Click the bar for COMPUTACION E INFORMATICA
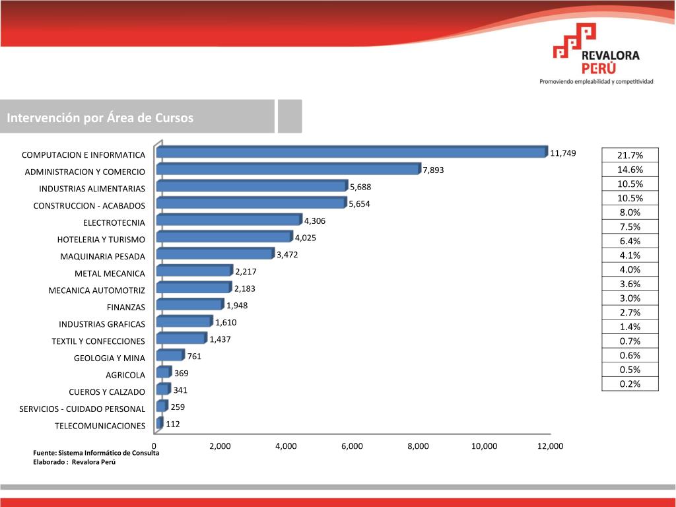pos(352,152)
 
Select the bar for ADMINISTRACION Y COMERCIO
pos(288,169)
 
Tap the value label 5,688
pos(360,187)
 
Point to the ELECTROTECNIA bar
pos(228,220)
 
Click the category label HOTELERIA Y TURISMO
pos(101,239)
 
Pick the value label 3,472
pos(287,254)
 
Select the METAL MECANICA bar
pos(194,271)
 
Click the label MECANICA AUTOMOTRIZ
pos(96,290)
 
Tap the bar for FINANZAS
pos(189,304)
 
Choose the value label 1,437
pos(220,339)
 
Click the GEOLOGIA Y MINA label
pos(109,358)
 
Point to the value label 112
pos(173,424)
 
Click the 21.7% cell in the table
pos(630,155)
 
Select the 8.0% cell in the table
pos(630,213)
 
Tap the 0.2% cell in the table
pos(630,384)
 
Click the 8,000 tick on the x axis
pos(418,446)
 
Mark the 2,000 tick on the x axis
pos(220,446)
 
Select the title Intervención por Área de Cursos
pos(100,118)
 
